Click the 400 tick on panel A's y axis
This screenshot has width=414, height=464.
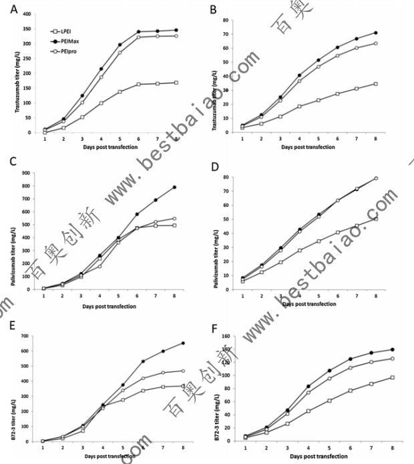(26, 14)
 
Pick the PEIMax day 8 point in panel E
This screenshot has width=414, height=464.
(184, 343)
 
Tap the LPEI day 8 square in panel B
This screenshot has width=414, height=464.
(376, 84)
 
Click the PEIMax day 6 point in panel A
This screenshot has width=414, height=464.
(139, 31)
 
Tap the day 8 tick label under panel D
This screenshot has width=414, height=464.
(376, 295)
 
